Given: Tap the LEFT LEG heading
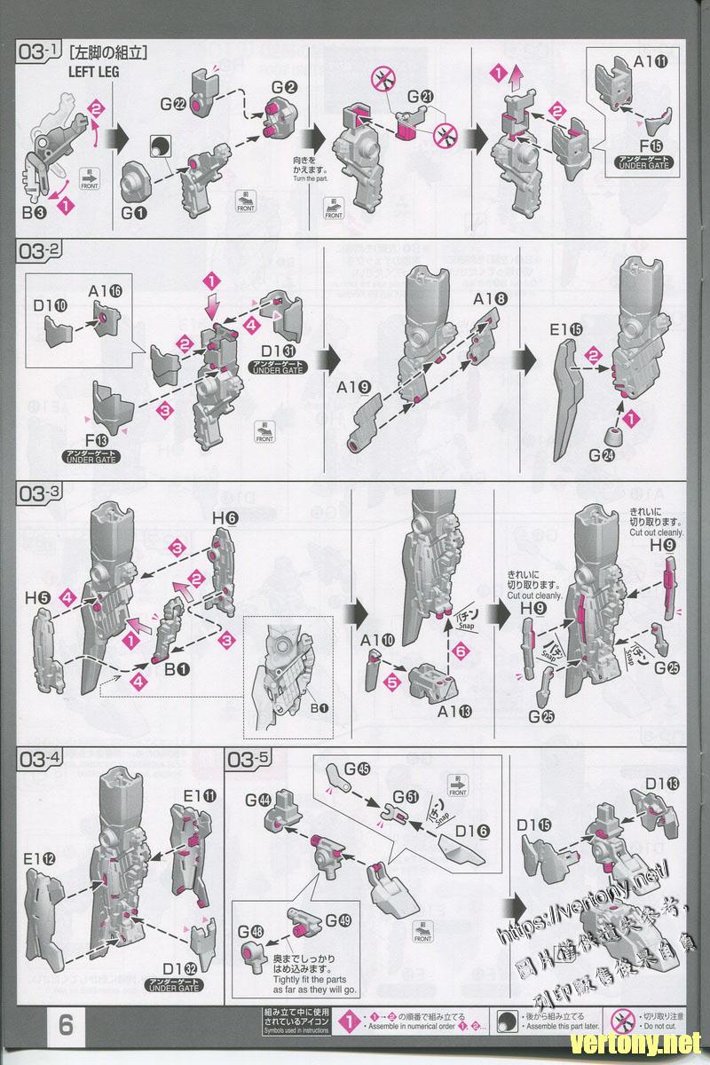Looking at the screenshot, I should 93,72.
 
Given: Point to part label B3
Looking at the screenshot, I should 35,213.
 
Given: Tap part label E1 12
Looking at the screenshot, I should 39,859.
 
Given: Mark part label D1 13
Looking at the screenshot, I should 662,783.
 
